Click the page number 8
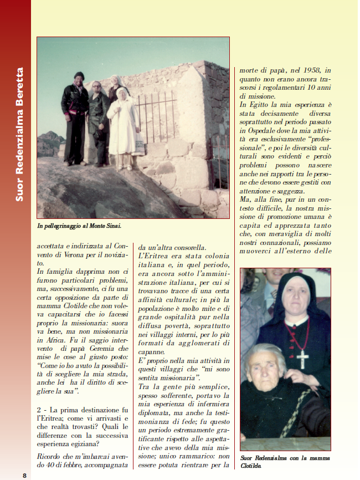pyautogui.click(x=24, y=475)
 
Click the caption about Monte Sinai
pyautogui.click(x=79, y=226)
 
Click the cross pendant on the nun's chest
pyautogui.click(x=302, y=358)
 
